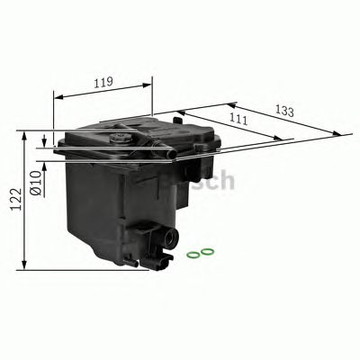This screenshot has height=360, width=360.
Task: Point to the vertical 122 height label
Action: click(x=12, y=201)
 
